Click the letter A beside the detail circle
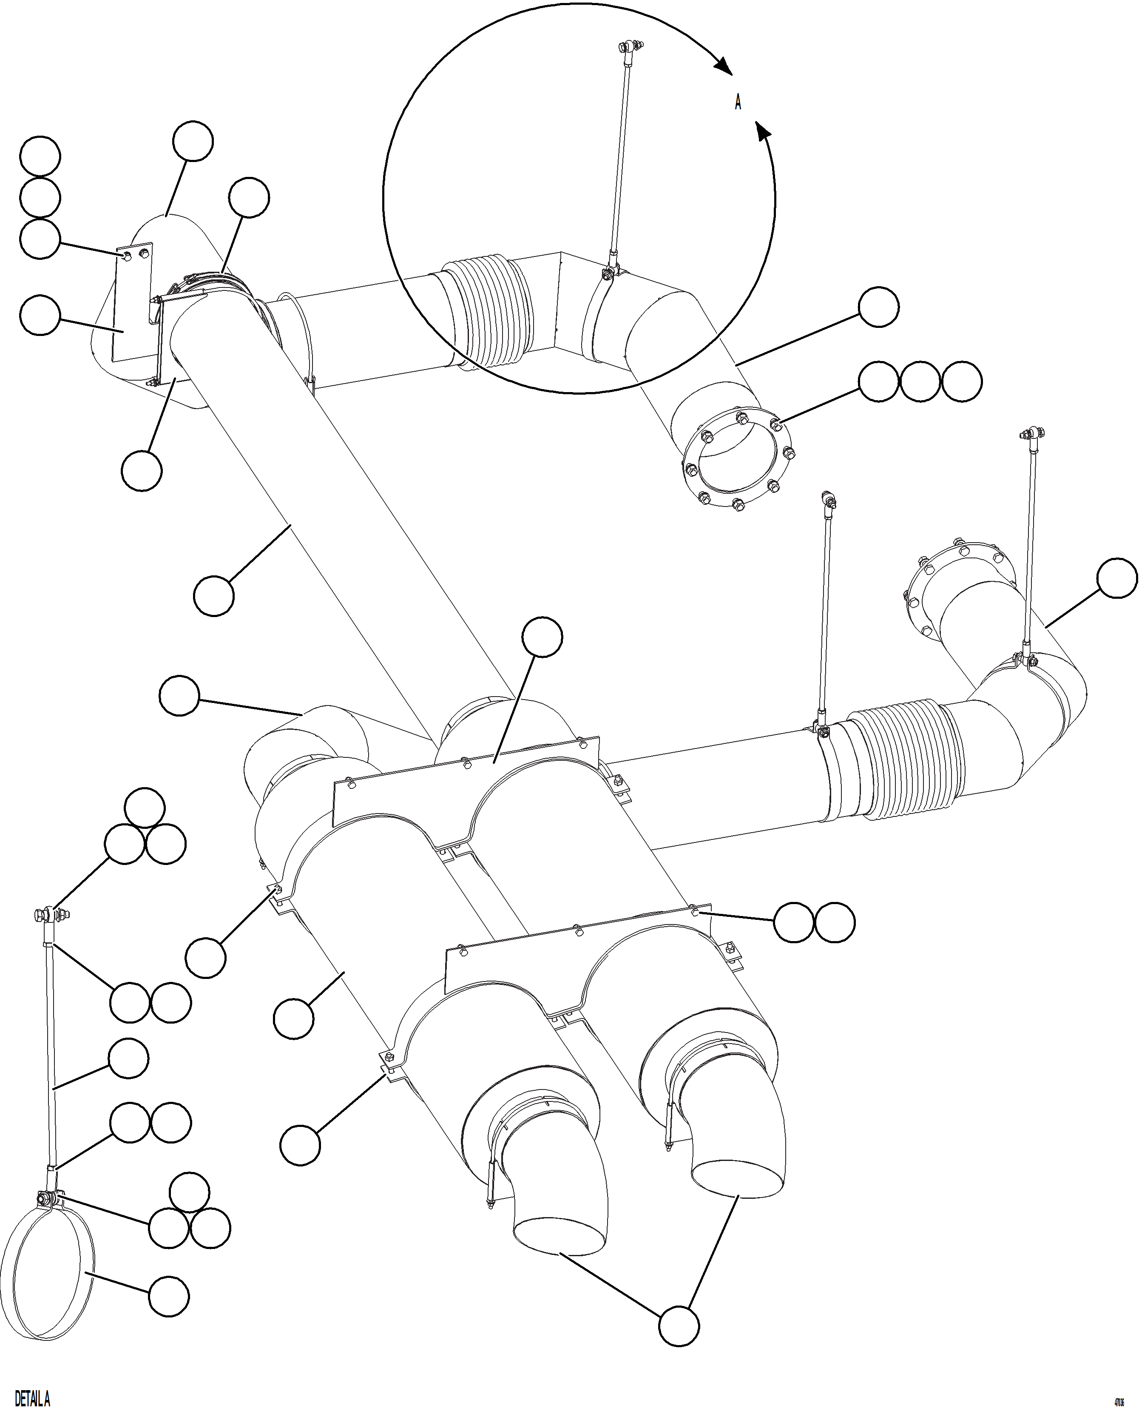pyautogui.click(x=738, y=102)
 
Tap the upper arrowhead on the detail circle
pyautogui.click(x=722, y=65)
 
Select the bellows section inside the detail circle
pyautogui.click(x=486, y=308)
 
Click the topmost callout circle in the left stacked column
pyautogui.click(x=40, y=157)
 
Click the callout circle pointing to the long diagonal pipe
pyautogui.click(x=214, y=595)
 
